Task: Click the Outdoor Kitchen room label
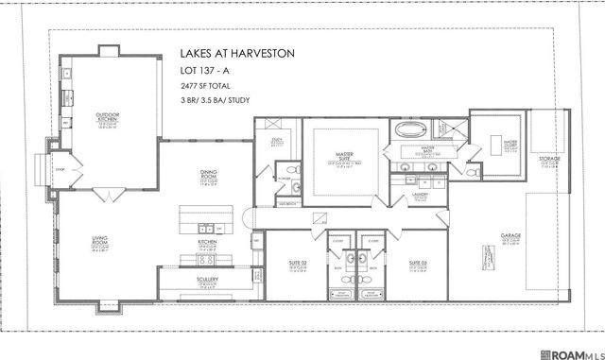tap(107, 118)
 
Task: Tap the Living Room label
tap(73, 243)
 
